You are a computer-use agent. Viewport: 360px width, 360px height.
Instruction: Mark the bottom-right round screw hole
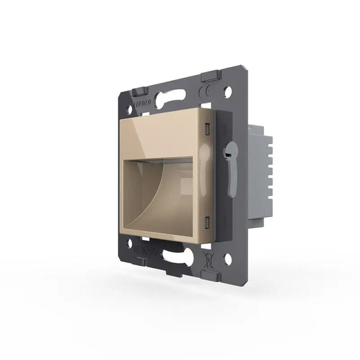[x=228, y=259]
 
